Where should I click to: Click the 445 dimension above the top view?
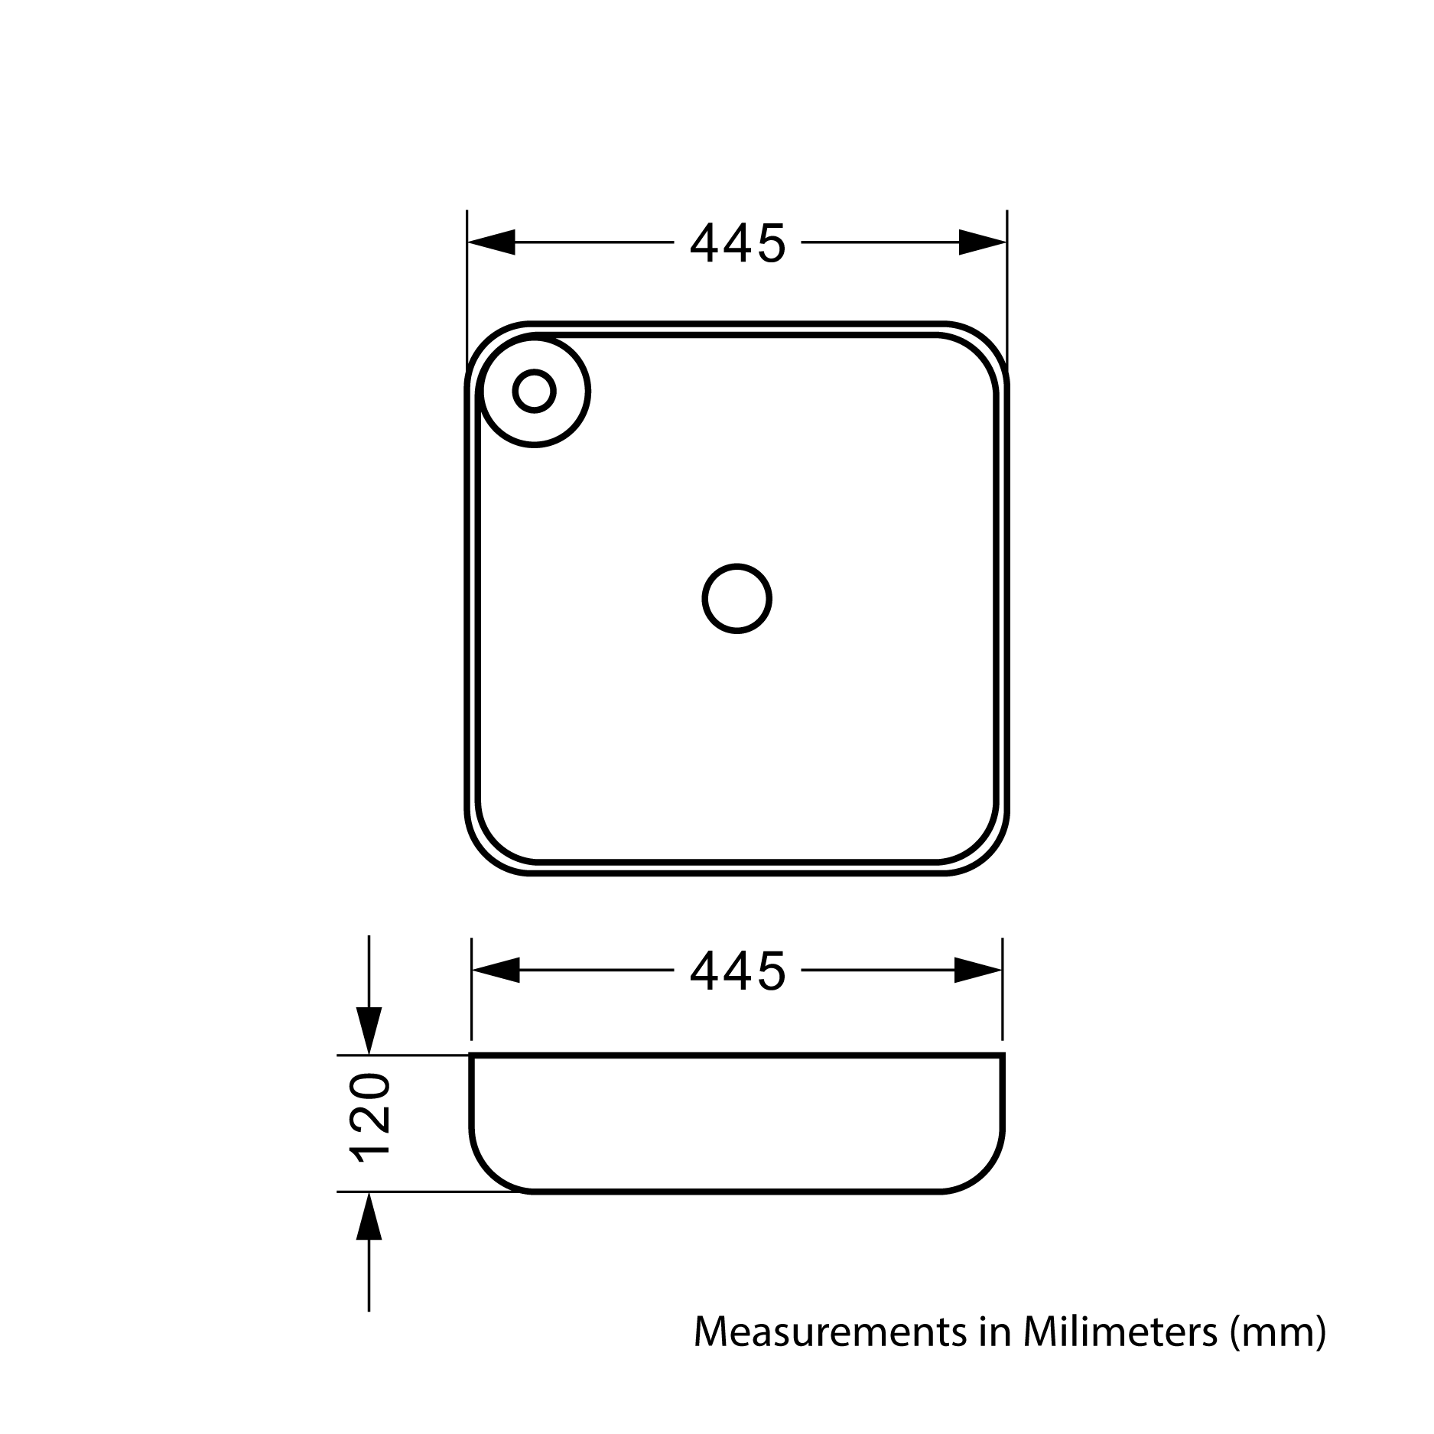coord(737,243)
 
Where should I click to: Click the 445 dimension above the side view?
coord(737,971)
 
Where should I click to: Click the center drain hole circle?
coord(737,599)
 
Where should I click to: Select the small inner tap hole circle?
coord(534,391)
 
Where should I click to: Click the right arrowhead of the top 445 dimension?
coord(982,242)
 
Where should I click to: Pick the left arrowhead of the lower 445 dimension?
coord(496,970)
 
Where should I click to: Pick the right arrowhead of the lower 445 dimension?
coord(978,970)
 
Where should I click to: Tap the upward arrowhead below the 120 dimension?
coord(369,1216)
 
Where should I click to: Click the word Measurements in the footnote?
coord(829,1332)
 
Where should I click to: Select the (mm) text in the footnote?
coord(1277,1333)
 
